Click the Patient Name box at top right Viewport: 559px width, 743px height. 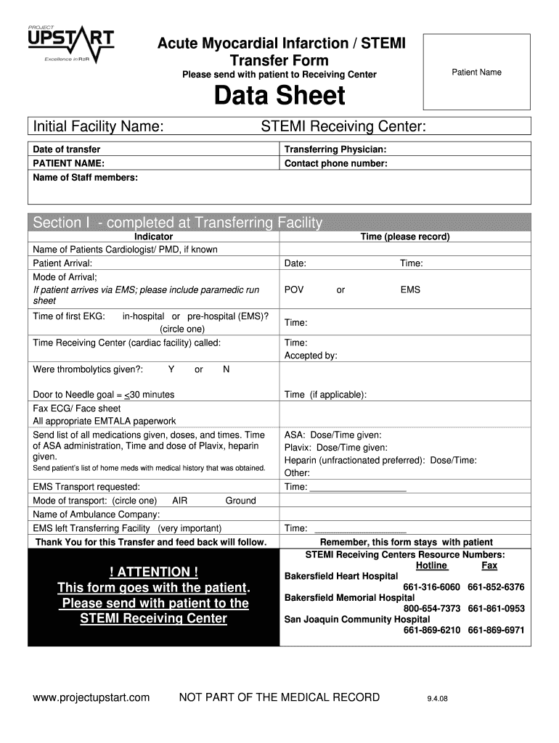[476, 72]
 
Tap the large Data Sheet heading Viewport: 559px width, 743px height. [279, 97]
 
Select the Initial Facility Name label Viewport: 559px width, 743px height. [97, 127]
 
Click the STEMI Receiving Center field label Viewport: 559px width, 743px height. [343, 127]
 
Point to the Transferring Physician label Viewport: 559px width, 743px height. [335, 149]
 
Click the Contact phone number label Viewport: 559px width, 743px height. [335, 163]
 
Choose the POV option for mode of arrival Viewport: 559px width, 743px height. [294, 290]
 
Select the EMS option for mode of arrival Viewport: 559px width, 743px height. [410, 290]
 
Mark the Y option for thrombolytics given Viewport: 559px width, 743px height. [171, 369]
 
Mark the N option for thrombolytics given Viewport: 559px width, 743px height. [227, 369]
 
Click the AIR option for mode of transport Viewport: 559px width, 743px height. [180, 501]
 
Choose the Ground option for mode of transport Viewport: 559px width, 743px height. [240, 501]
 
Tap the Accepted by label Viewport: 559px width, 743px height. [311, 356]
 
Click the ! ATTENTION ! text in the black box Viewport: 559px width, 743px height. [153, 572]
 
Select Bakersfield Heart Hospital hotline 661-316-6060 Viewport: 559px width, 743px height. [431, 587]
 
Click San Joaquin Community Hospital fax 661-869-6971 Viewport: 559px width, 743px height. [496, 631]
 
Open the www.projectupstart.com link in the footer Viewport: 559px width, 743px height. [91, 698]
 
